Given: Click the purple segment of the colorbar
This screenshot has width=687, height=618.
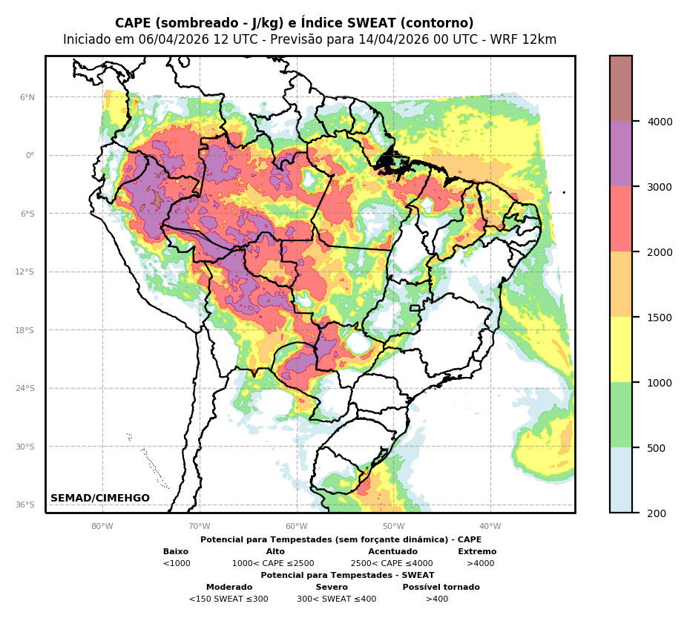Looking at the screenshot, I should (x=621, y=154).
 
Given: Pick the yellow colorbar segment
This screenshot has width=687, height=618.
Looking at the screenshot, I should (x=621, y=349).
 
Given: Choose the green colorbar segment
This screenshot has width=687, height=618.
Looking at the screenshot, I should (x=621, y=415).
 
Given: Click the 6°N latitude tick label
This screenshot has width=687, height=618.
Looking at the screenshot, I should (x=27, y=97).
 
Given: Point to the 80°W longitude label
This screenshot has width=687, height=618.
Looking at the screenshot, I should (x=102, y=527).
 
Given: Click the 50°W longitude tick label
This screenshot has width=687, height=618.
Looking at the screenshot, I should (x=393, y=527).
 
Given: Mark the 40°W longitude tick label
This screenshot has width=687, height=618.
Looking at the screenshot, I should (x=490, y=527).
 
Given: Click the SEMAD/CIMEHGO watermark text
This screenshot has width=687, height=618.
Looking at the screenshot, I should (x=100, y=499).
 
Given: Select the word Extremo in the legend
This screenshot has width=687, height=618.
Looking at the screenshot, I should (x=477, y=552).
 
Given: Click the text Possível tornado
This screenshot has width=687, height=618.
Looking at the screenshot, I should (x=441, y=588).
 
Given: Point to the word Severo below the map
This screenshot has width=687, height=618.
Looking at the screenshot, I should (x=332, y=588).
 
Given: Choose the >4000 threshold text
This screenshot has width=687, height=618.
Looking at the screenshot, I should (x=480, y=564).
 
